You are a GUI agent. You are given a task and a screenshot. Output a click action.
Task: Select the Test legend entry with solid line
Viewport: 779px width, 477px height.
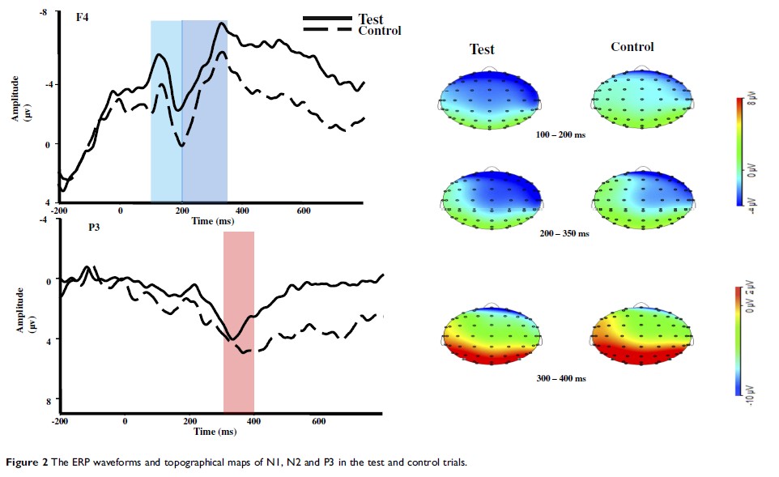click(x=370, y=19)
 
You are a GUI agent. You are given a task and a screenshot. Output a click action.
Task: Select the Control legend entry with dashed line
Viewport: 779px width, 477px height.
click(x=379, y=31)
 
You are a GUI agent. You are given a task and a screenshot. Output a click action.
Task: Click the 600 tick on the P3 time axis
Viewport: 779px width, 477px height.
click(x=318, y=421)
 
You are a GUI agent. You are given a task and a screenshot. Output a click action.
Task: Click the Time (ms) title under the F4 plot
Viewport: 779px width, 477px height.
click(x=215, y=220)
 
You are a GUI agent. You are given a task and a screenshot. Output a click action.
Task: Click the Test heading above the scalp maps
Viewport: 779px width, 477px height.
click(x=482, y=49)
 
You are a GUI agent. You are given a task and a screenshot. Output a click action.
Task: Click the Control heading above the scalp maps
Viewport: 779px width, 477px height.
click(x=632, y=47)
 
